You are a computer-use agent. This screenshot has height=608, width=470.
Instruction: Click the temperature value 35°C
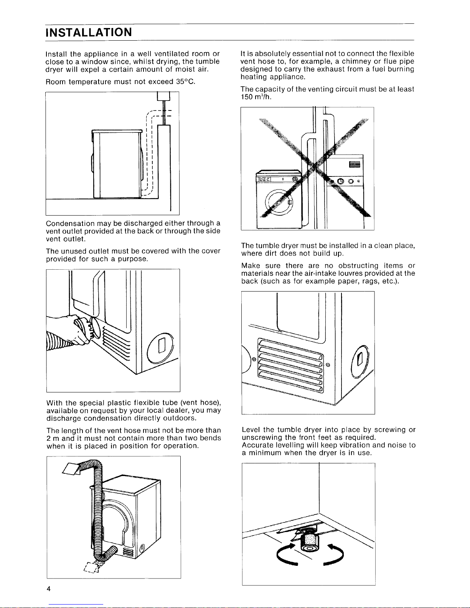(x=186, y=81)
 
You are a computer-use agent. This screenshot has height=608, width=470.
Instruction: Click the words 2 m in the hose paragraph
(x=51, y=438)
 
